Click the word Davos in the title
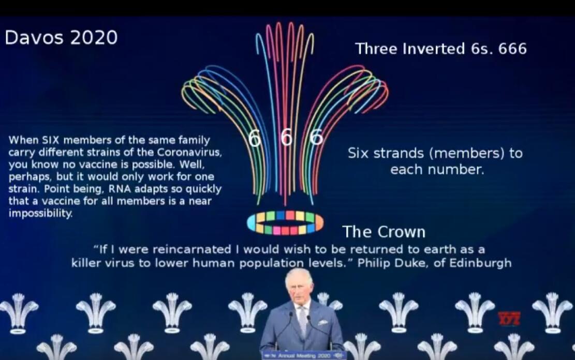click(34, 37)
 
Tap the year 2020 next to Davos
click(94, 37)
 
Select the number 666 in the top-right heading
click(512, 49)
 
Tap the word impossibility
click(40, 213)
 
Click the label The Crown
click(384, 232)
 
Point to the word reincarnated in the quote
click(191, 250)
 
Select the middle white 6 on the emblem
click(286, 138)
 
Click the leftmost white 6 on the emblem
click(255, 138)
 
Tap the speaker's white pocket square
click(323, 322)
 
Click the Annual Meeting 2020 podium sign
click(303, 355)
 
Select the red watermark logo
click(509, 319)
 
